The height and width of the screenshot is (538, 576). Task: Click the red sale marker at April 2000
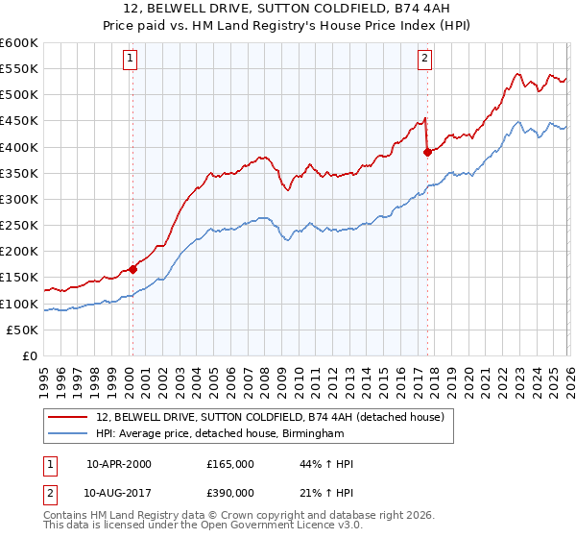click(132, 270)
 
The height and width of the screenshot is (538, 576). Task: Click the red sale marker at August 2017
click(427, 151)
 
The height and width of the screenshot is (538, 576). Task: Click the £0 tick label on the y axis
click(31, 355)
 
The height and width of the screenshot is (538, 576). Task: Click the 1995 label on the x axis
click(44, 376)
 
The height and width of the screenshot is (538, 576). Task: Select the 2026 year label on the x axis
click(569, 376)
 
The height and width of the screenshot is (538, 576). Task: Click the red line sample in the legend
click(69, 418)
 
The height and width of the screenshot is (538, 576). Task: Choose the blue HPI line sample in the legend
click(69, 433)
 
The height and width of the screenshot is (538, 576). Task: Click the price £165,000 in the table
click(230, 464)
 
